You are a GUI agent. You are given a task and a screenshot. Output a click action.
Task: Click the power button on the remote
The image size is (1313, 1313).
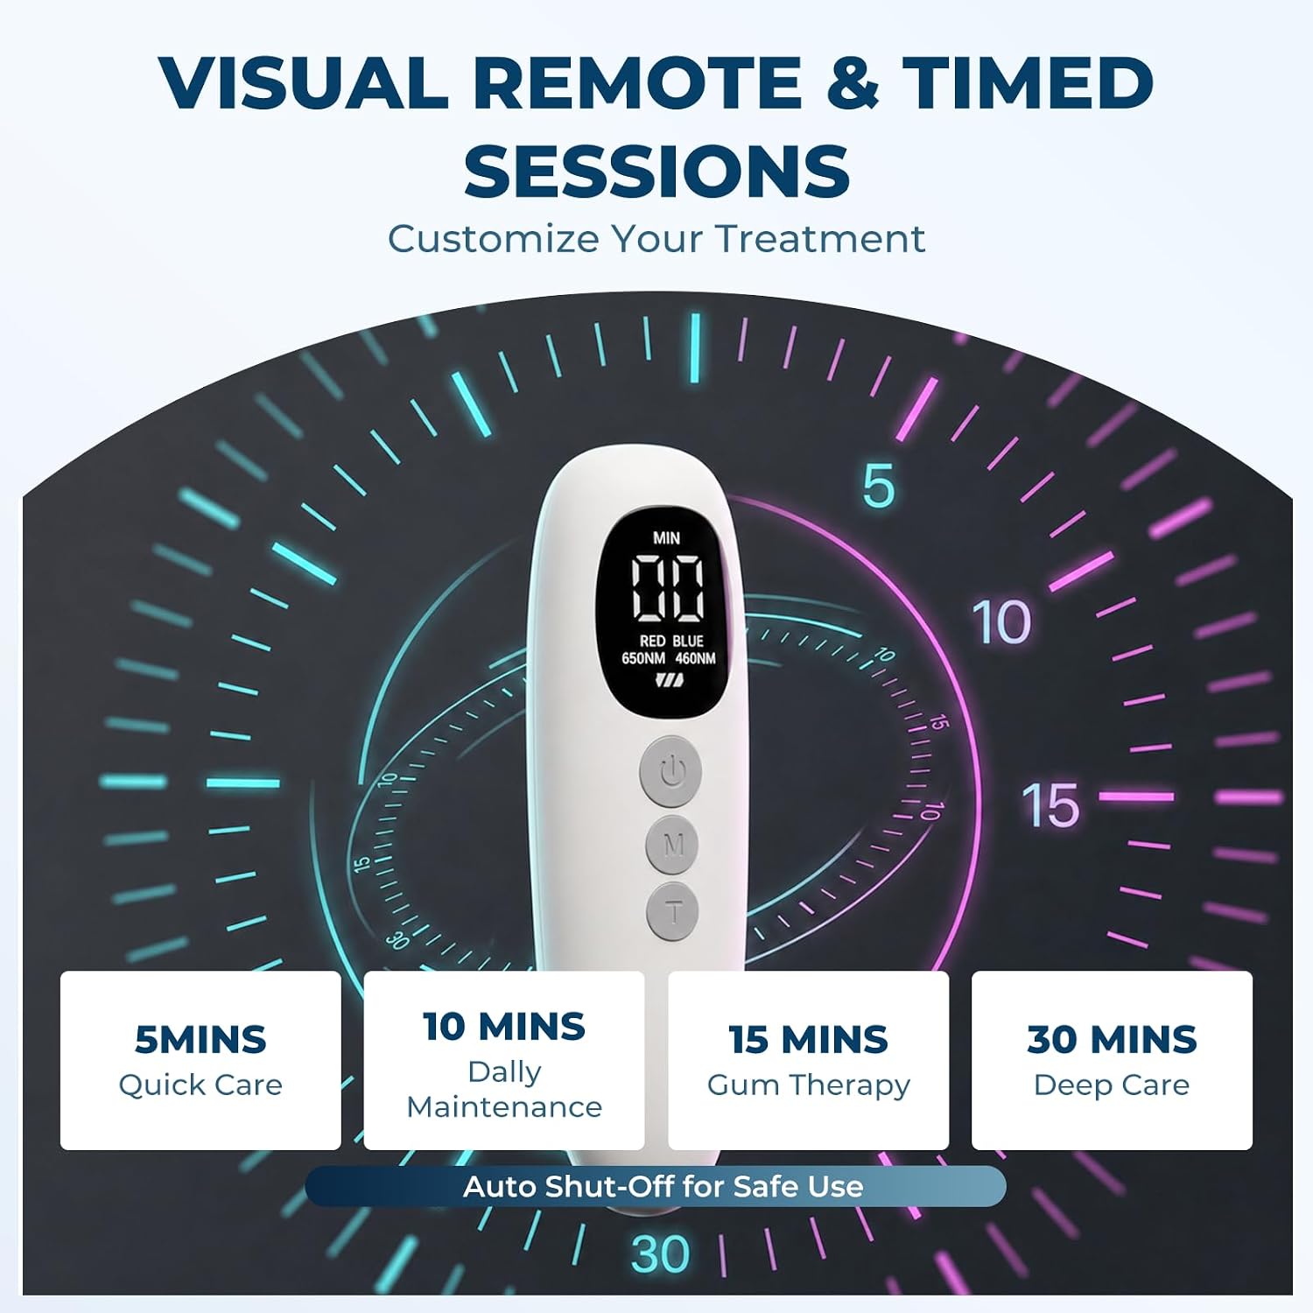[671, 771]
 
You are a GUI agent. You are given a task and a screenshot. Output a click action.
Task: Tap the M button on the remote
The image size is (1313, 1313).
[673, 845]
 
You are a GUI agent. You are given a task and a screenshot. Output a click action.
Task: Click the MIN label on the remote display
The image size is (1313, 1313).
[666, 537]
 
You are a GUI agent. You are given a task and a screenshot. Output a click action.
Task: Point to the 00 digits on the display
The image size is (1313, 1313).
[667, 586]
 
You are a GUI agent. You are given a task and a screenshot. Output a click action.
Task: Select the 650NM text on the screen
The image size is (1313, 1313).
[643, 658]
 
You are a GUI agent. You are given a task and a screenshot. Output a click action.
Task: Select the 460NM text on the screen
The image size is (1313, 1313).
[695, 658]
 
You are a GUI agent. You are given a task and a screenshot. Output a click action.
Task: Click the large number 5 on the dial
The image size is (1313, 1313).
[878, 486]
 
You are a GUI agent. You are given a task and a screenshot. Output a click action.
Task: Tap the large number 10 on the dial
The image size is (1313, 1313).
[1002, 622]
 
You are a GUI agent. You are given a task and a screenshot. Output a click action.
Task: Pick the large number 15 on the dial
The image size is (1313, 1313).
[1050, 805]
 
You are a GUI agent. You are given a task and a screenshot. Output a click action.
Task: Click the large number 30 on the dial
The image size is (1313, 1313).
[661, 1253]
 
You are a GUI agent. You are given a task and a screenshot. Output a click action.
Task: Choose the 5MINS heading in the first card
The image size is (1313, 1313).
[200, 1040]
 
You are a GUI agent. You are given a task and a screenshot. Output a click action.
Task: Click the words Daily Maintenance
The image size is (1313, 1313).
[505, 1090]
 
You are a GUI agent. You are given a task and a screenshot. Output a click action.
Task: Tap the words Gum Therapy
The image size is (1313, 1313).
[809, 1085]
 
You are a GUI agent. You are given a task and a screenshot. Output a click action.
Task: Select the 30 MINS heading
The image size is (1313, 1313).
[1112, 1040]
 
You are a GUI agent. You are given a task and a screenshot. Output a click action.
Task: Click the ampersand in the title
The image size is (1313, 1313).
[852, 82]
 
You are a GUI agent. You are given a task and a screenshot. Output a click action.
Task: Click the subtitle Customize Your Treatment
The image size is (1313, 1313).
[656, 239]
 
